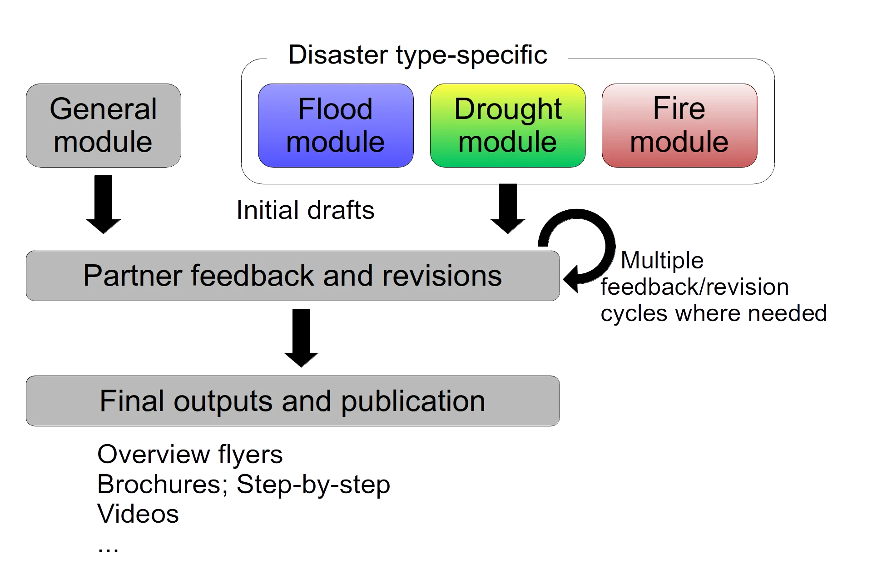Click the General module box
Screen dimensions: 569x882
tap(103, 125)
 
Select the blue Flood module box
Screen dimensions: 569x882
tap(336, 125)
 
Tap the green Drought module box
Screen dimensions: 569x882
tap(507, 125)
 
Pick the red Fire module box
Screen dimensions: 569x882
tap(679, 125)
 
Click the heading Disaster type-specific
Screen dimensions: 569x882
tap(417, 54)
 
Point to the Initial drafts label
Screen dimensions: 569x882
tap(305, 211)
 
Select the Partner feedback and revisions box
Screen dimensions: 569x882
tap(292, 275)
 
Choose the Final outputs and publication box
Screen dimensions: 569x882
tap(292, 401)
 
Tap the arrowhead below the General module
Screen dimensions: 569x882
tap(104, 226)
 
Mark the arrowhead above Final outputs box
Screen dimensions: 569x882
tap(302, 360)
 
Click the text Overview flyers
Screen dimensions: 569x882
tap(190, 455)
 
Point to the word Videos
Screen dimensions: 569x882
tap(139, 515)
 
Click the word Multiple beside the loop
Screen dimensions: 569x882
tap(662, 261)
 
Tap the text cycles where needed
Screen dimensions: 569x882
tap(714, 313)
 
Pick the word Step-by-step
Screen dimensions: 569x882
tap(313, 485)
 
